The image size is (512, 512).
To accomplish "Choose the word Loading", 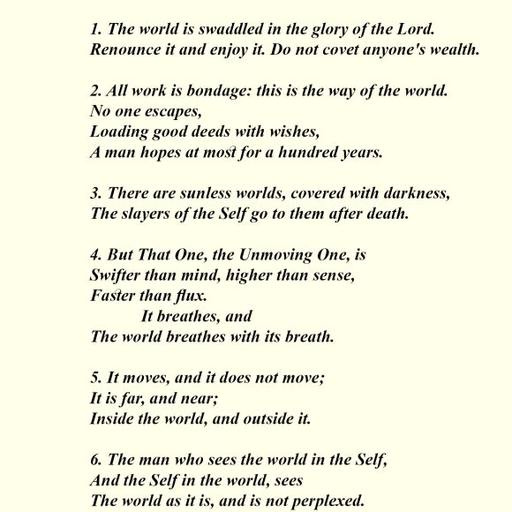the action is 120,132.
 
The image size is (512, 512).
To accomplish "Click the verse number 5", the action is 94,378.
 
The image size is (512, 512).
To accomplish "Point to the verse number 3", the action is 94,193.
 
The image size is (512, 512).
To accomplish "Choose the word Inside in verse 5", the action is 113,419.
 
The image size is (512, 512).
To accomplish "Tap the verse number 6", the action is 94,460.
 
